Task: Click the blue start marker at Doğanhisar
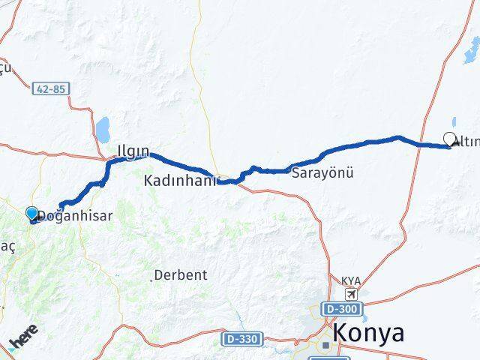pos(31,214)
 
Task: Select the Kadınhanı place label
pos(181,181)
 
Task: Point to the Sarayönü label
pos(323,172)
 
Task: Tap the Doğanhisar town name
pos(75,216)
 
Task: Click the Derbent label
pos(181,275)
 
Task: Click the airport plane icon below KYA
pos(350,293)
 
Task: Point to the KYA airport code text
pos(350,280)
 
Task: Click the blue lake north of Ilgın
pos(103,127)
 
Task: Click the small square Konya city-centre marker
pos(325,346)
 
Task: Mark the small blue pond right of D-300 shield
pos(373,308)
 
